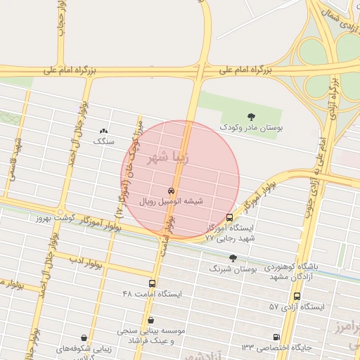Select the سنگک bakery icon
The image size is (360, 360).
pos(104,131)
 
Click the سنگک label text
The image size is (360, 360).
pos(104,141)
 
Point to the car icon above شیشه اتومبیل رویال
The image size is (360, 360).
pos(172,191)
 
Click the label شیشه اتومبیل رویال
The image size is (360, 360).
pos(172,201)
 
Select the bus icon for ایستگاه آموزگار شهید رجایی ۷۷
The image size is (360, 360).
pos(230,217)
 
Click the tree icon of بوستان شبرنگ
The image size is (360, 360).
pos(233,258)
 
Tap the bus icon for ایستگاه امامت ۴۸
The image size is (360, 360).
pos(153,283)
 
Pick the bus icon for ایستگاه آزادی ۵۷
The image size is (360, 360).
pos(297,297)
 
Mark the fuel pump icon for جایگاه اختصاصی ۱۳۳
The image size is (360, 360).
pos(276,337)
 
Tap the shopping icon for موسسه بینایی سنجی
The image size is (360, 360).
pos(150,320)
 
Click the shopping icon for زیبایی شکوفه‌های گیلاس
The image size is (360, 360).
pos(85,338)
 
